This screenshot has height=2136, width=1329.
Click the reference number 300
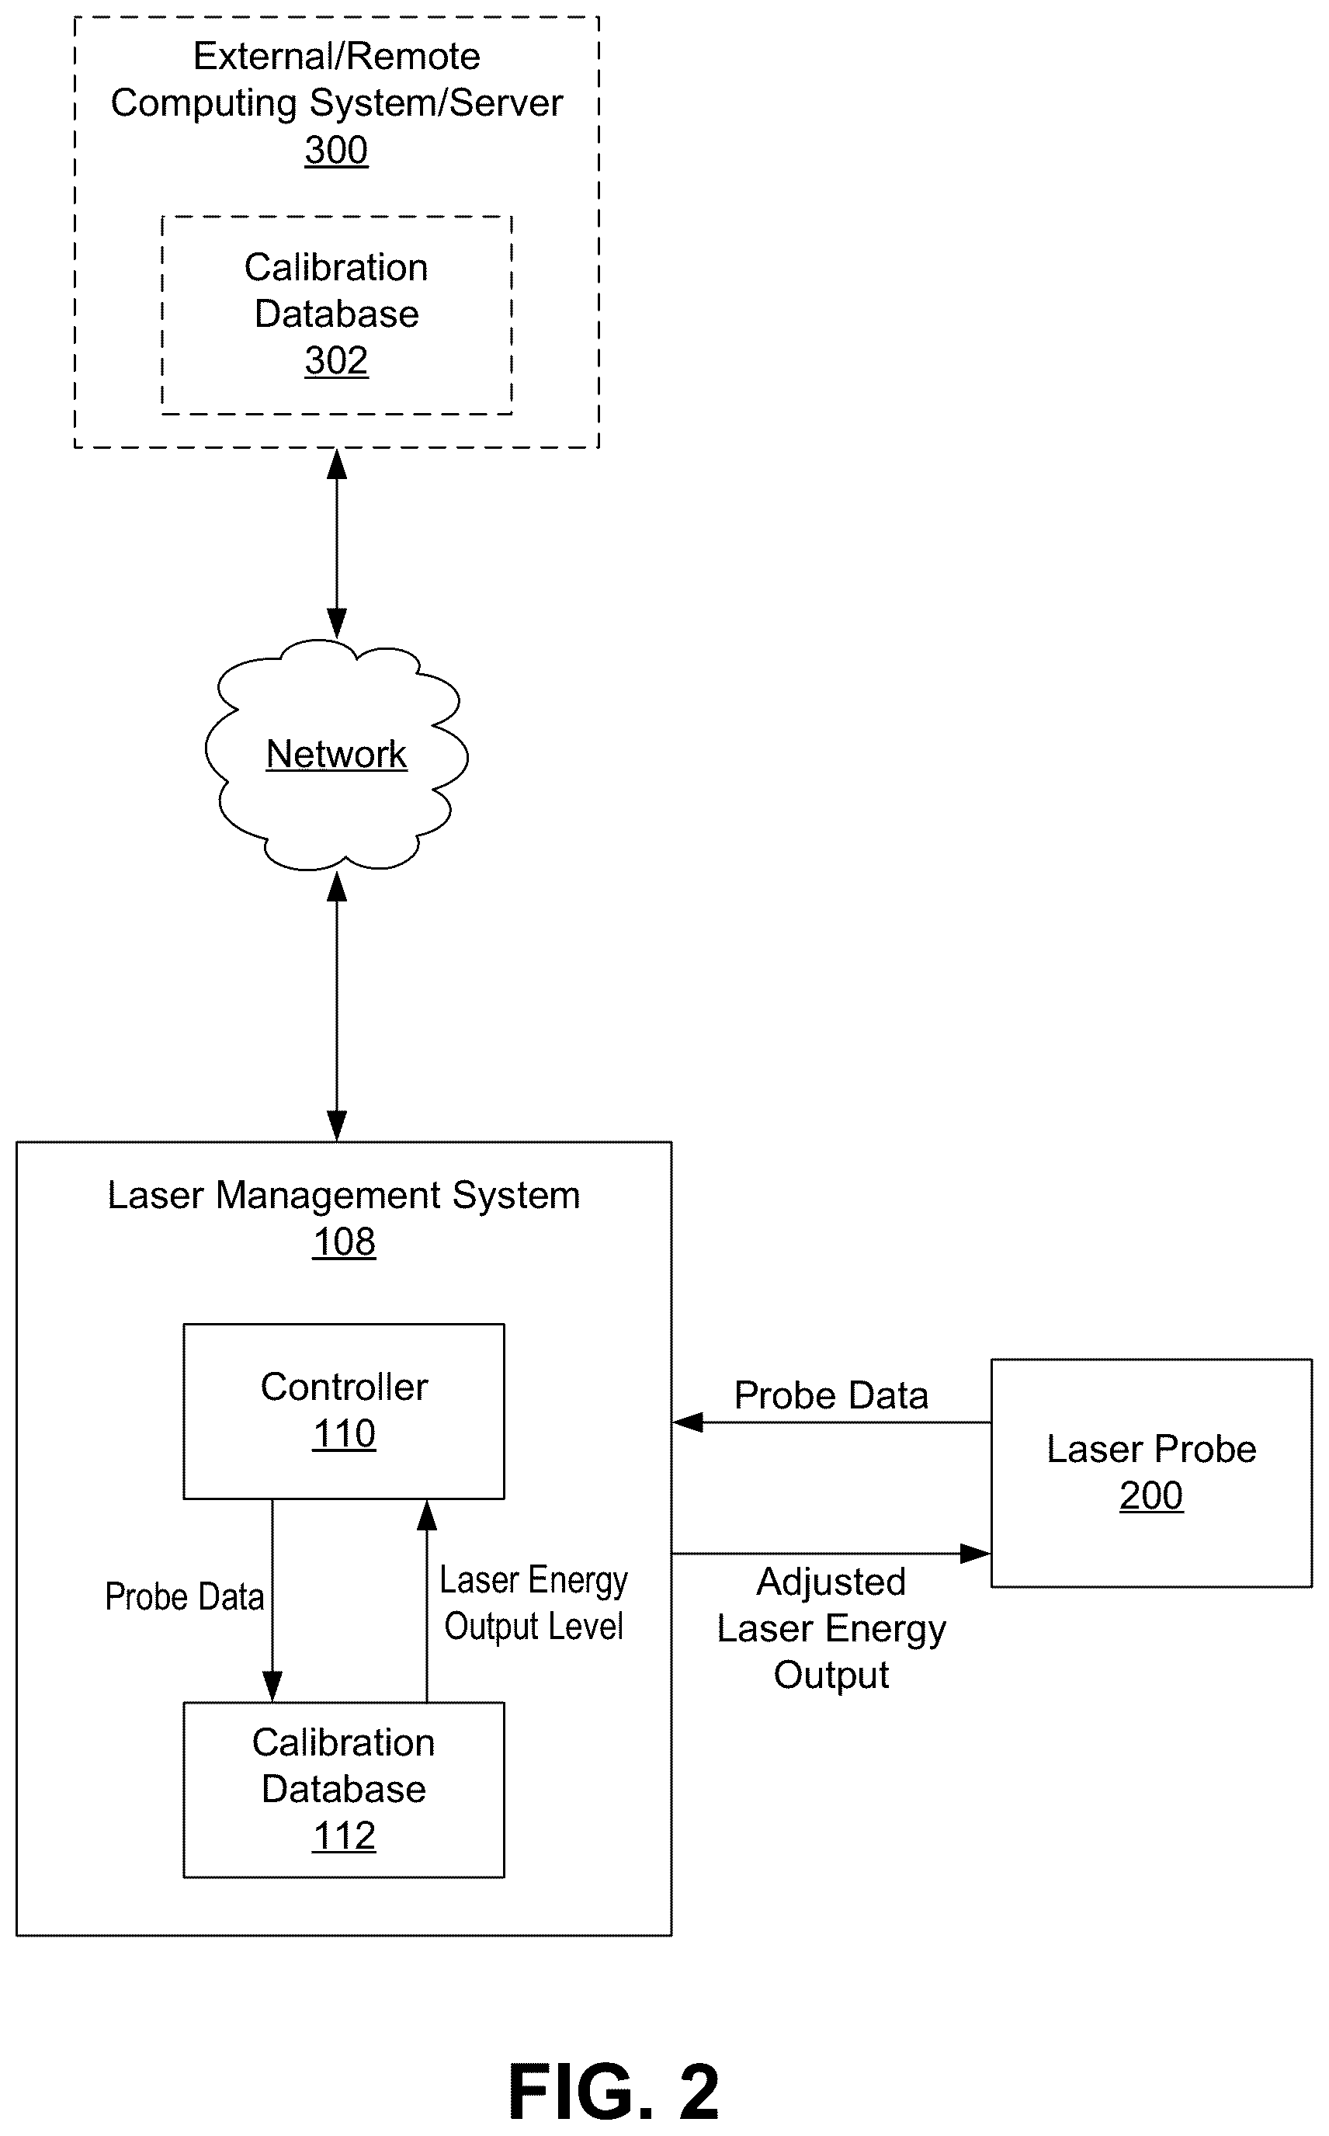(x=337, y=151)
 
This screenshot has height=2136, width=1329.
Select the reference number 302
(x=337, y=360)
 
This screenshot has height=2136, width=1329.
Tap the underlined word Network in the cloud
(x=337, y=754)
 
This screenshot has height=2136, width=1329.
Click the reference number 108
(x=345, y=1242)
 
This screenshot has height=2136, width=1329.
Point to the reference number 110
(x=345, y=1433)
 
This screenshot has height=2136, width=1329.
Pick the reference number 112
(x=345, y=1836)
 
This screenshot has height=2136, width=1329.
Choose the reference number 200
(x=1151, y=1495)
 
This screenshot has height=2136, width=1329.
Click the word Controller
(x=345, y=1387)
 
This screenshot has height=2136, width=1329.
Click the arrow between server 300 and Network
(x=337, y=544)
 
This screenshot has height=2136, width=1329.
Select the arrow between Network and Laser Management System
(x=337, y=1005)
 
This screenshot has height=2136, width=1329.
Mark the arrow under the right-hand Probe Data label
(x=831, y=1422)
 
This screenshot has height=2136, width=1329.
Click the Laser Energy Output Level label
(x=533, y=1603)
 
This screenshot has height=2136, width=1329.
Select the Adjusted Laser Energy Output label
(x=831, y=1629)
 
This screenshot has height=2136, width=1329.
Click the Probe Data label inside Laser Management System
(x=185, y=1597)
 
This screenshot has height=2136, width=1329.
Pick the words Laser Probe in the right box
(x=1151, y=1449)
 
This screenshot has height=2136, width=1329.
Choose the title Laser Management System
(x=344, y=1196)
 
